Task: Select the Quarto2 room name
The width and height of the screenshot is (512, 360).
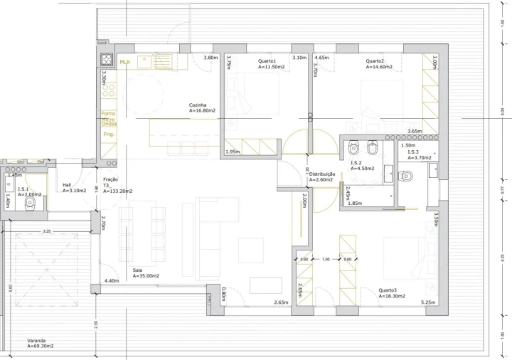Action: coord(375,60)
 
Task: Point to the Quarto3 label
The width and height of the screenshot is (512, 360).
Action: coord(388,290)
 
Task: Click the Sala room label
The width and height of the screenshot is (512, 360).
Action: coord(139,270)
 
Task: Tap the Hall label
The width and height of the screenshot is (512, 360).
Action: coord(67,184)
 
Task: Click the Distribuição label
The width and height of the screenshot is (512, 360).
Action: coord(321,174)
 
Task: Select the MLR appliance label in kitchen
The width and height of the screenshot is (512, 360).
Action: coord(125,63)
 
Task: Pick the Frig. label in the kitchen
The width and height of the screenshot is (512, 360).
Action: coord(109,134)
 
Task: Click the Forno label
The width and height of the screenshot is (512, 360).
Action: coord(108,114)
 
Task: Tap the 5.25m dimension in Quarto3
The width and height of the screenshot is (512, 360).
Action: coord(428,303)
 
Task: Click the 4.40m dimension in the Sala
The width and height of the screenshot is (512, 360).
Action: coord(111,281)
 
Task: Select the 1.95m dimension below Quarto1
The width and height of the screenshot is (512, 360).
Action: coord(232,152)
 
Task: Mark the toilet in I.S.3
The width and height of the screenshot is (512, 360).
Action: coord(406,176)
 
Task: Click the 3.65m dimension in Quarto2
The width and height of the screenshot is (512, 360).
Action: coord(414,132)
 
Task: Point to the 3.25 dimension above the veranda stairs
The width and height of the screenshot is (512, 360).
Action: coord(46,232)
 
